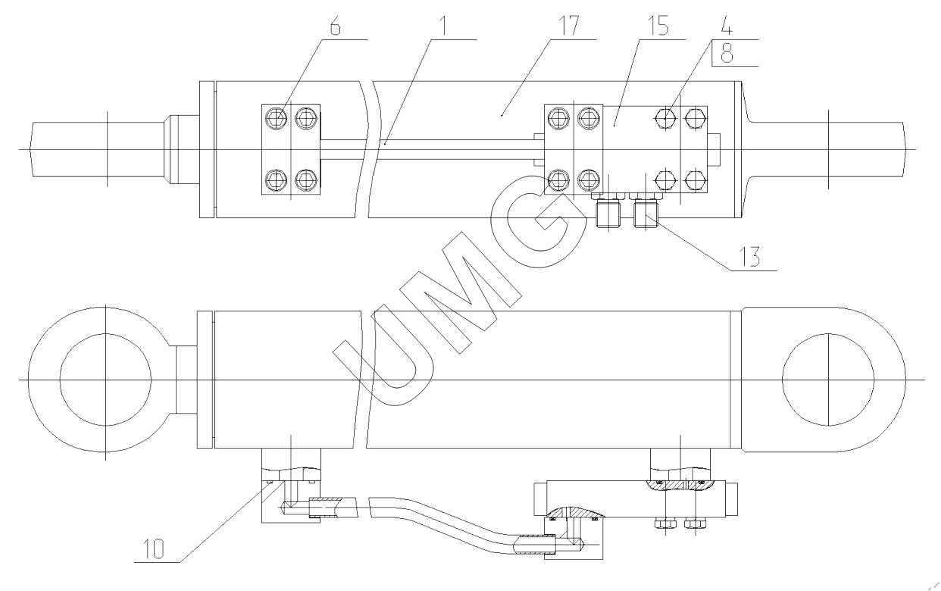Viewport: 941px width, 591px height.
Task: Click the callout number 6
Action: tap(335, 25)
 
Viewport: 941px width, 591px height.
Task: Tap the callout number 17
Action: tap(567, 25)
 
